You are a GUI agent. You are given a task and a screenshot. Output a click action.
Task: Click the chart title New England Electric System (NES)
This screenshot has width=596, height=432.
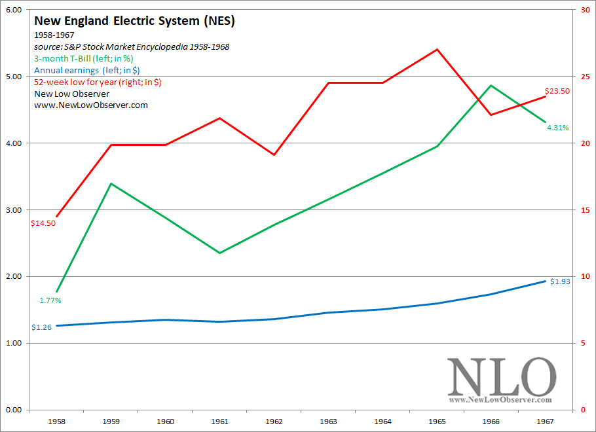(134, 22)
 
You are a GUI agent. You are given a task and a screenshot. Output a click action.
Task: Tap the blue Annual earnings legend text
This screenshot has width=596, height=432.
(87, 70)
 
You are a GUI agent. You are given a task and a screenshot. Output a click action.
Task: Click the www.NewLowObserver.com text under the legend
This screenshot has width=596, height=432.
(91, 105)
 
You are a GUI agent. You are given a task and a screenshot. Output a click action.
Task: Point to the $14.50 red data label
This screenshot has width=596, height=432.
(43, 223)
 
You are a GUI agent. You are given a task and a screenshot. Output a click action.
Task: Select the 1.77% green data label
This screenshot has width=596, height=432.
(50, 300)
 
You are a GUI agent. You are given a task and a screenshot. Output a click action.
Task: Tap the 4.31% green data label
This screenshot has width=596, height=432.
(558, 128)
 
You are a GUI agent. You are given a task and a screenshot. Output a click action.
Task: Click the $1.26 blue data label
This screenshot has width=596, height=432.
(42, 327)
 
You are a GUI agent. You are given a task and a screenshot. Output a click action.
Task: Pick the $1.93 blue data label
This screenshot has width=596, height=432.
(561, 281)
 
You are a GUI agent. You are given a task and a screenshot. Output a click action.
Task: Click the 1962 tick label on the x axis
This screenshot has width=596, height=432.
(274, 422)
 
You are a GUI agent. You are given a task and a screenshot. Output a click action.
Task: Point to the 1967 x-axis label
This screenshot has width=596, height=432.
(546, 422)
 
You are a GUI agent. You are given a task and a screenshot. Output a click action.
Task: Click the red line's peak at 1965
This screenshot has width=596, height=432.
(437, 49)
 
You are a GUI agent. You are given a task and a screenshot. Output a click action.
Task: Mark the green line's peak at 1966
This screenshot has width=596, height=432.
(491, 86)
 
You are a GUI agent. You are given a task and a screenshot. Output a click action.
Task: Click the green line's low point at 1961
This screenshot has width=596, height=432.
(220, 253)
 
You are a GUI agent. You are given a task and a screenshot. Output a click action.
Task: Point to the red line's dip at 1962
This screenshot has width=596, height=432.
(274, 154)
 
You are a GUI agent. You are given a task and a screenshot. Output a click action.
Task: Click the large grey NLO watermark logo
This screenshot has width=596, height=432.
(501, 378)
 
